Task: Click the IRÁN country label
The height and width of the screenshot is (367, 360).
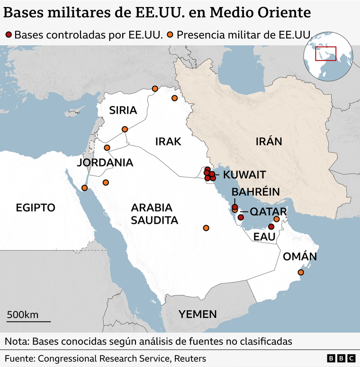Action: [x=269, y=141]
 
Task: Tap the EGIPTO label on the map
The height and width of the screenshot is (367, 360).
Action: [x=36, y=207]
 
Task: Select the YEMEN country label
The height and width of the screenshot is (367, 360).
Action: [x=198, y=314]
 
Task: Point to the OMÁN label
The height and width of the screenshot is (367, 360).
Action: [x=299, y=257]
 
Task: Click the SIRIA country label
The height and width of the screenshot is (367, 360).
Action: [x=123, y=110]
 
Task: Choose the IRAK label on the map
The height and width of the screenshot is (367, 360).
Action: [x=168, y=141]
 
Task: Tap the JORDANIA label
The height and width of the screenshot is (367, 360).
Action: [x=105, y=163]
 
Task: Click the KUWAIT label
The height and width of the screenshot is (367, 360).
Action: [x=244, y=174]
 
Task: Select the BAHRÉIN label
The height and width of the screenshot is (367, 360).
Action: [x=255, y=192]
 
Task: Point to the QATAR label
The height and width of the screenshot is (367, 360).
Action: [x=268, y=211]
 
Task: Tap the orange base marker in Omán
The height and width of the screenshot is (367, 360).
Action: [x=300, y=272]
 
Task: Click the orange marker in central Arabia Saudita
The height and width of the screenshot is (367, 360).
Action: [x=206, y=228]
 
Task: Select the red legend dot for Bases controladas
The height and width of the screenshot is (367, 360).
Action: [x=8, y=34]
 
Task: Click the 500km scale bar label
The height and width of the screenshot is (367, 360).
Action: [x=23, y=315]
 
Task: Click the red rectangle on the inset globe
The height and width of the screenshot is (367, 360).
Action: [x=326, y=54]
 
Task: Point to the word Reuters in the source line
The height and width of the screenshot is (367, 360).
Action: [x=191, y=358]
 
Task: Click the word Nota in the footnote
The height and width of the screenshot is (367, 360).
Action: [x=17, y=341]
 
